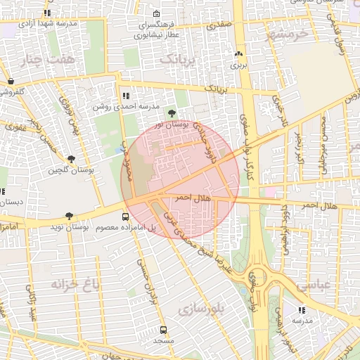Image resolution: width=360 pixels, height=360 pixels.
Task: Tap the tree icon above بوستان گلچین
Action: [71, 160]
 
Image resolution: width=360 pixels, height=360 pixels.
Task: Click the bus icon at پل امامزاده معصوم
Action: [125, 217]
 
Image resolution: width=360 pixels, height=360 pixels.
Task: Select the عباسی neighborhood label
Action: [314, 286]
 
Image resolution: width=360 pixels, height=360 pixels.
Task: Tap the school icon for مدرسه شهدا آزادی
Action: [47, 13]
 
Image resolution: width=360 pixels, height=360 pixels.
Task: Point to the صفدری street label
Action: [219, 25]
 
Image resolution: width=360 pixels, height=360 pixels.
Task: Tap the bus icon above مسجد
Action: [163, 330]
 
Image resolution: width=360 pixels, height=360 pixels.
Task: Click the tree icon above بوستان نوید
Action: [68, 217]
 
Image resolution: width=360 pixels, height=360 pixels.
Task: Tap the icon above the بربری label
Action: [239, 53]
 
